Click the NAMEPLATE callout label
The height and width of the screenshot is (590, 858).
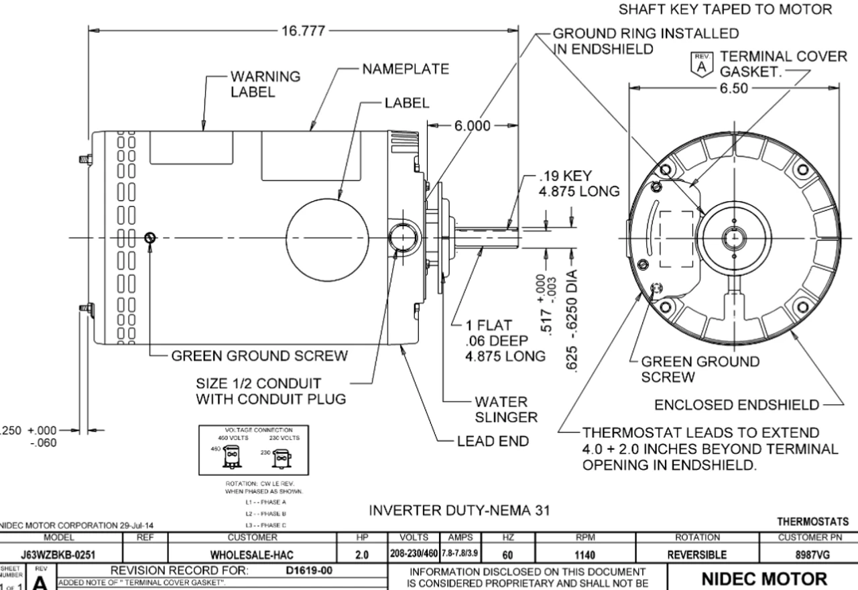[x=406, y=70]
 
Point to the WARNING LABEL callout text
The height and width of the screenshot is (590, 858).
[x=265, y=84]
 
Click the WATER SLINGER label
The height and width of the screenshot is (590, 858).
[x=506, y=409]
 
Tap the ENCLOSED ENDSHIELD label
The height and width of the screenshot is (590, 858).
[x=736, y=404]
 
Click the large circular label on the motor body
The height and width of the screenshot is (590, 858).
[x=328, y=238]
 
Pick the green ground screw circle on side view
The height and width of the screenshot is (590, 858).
[x=149, y=237]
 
